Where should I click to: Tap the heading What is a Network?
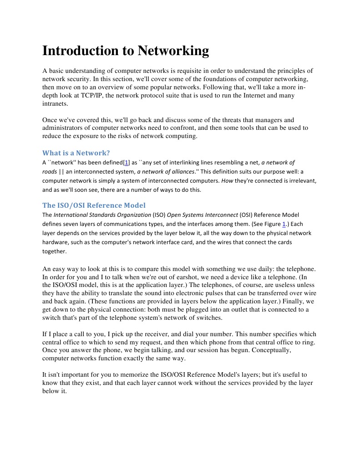click(x=76, y=153)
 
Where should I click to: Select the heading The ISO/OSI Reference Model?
click(x=94, y=205)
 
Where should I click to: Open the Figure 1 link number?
click(x=284, y=224)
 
